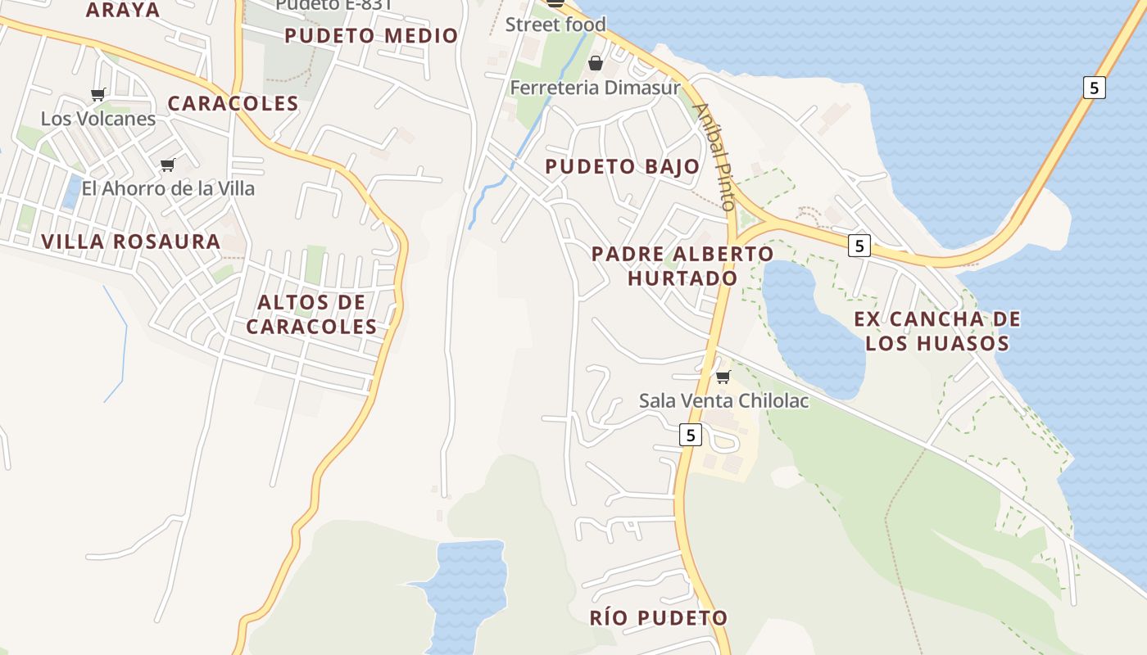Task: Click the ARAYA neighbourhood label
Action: [123, 10]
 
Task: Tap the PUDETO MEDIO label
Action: [371, 35]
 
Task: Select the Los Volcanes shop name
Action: [98, 119]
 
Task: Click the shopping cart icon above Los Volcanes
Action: [98, 94]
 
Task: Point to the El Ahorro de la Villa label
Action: [168, 188]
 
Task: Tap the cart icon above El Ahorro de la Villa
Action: [168, 165]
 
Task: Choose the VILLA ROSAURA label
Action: [131, 242]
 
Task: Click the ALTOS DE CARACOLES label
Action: [311, 314]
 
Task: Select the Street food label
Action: [555, 25]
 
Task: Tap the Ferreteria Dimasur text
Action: [596, 87]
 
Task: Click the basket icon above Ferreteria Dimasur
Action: [596, 63]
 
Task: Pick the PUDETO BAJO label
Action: [623, 166]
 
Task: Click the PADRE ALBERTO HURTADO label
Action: [682, 265]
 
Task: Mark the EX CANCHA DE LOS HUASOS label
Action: [937, 331]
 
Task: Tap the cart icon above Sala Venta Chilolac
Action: [723, 377]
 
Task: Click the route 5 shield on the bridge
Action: [1094, 87]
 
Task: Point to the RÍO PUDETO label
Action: [659, 617]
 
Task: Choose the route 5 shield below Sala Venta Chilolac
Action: [691, 435]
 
